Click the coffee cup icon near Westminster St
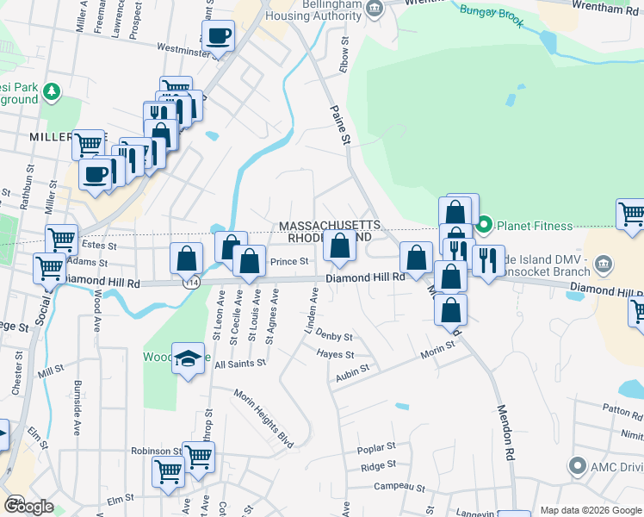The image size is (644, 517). [219, 36]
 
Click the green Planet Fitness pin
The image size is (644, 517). [484, 226]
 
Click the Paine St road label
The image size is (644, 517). [342, 126]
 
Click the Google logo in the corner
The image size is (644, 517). [28, 506]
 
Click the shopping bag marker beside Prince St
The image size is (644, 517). [249, 261]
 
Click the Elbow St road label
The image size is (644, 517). [344, 54]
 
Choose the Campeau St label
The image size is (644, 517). [397, 487]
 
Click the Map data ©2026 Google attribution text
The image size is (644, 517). [591, 510]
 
